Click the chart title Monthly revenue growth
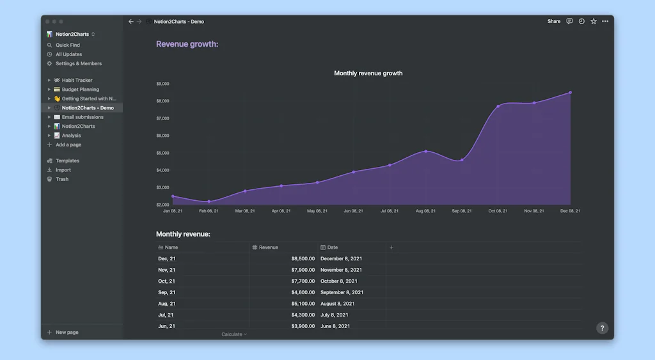click(368, 74)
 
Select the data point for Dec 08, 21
click(570, 93)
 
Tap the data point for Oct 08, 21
click(498, 106)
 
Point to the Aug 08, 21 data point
click(426, 152)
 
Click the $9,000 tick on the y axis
click(162, 84)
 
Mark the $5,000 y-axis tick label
click(162, 153)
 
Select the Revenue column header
click(269, 247)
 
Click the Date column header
click(333, 247)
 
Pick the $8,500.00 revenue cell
click(303, 258)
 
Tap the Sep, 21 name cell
click(167, 292)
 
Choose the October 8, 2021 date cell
click(339, 281)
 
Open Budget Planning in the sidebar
click(80, 90)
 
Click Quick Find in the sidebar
click(67, 45)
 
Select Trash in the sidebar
click(61, 179)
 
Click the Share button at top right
click(553, 22)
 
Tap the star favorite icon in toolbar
click(594, 22)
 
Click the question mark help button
click(602, 328)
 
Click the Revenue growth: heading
click(187, 44)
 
